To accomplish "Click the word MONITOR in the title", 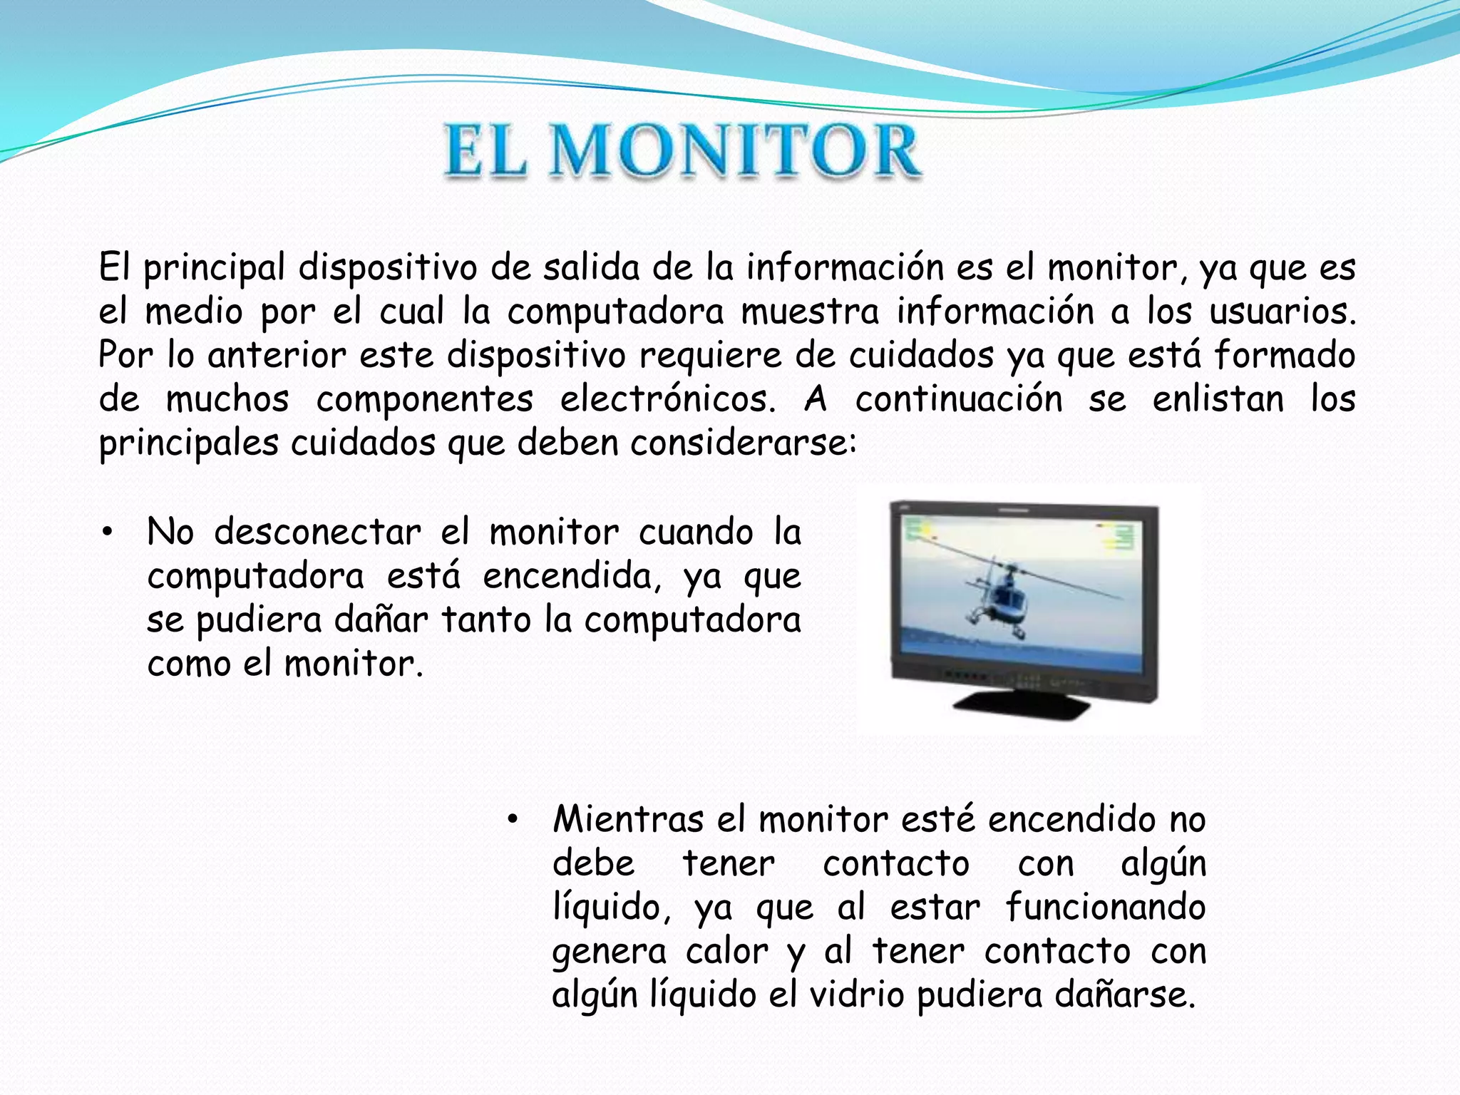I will click(738, 151).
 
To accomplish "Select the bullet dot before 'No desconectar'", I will click(108, 533).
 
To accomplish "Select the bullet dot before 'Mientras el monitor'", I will click(512, 820).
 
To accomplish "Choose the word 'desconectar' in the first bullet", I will click(318, 533).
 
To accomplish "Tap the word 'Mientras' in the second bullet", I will click(628, 820).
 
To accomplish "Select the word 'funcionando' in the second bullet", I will click(1105, 908).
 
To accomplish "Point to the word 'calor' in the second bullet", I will click(727, 952).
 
